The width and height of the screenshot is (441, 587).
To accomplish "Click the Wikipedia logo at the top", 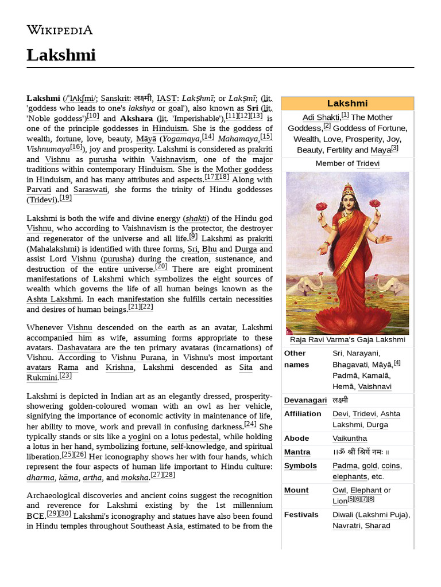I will pos(60,30).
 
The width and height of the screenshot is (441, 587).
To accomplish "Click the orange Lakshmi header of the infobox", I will pos(347,103).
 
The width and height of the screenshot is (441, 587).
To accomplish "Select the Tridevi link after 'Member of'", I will pos(367,163).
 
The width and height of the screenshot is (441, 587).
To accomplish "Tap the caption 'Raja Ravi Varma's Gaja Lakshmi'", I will pos(347,339).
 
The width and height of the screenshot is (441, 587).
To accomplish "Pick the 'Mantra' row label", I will pos(297,452).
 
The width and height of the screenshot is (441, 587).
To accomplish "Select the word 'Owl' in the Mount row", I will pos(339,490).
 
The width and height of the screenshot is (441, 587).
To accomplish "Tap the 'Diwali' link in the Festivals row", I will pos(343,515).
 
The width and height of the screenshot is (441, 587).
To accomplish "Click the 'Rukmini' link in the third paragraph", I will pos(41,377).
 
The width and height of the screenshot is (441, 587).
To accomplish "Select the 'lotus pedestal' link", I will pos(195,436).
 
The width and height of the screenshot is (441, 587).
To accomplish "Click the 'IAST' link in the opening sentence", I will pos(167,99).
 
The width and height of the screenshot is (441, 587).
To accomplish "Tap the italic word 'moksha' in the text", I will pos(135,477).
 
